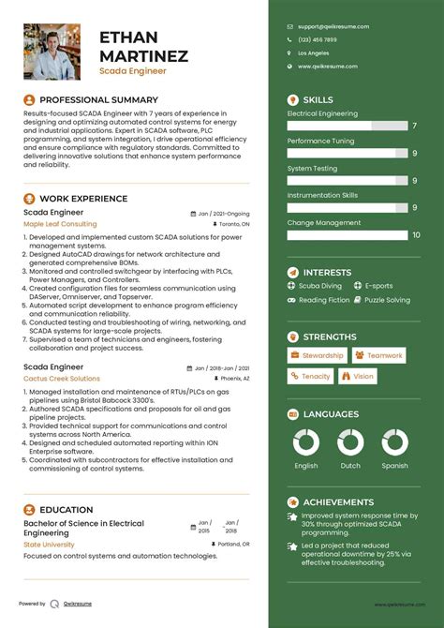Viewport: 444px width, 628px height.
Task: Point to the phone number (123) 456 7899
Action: pyautogui.click(x=318, y=39)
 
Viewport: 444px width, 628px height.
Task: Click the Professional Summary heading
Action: pyautogui.click(x=98, y=98)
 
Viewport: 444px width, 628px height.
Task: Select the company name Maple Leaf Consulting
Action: pyautogui.click(x=60, y=225)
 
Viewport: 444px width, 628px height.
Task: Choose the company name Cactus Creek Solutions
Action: pyautogui.click(x=62, y=379)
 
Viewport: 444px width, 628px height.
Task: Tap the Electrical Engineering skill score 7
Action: pyautogui.click(x=414, y=126)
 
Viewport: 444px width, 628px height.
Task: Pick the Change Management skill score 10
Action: pyautogui.click(x=414, y=236)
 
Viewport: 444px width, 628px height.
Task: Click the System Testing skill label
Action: pyautogui.click(x=312, y=169)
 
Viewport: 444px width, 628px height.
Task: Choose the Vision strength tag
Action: pyautogui.click(x=359, y=376)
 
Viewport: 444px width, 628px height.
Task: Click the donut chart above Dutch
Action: pyautogui.click(x=350, y=444)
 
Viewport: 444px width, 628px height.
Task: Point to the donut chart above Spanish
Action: pyautogui.click(x=394, y=444)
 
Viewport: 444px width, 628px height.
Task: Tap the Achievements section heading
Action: pyautogui.click(x=339, y=502)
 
